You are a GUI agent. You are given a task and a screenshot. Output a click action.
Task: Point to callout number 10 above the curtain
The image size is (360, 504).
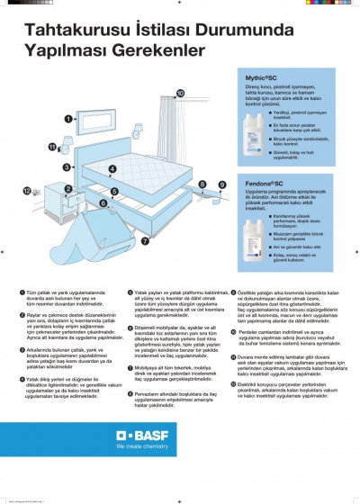179,92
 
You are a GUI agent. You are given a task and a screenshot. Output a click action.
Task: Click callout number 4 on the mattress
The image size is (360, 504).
111,168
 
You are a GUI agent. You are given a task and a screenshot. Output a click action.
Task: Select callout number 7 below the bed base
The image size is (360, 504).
144,240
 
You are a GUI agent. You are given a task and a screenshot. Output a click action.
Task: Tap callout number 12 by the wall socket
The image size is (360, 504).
27,190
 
